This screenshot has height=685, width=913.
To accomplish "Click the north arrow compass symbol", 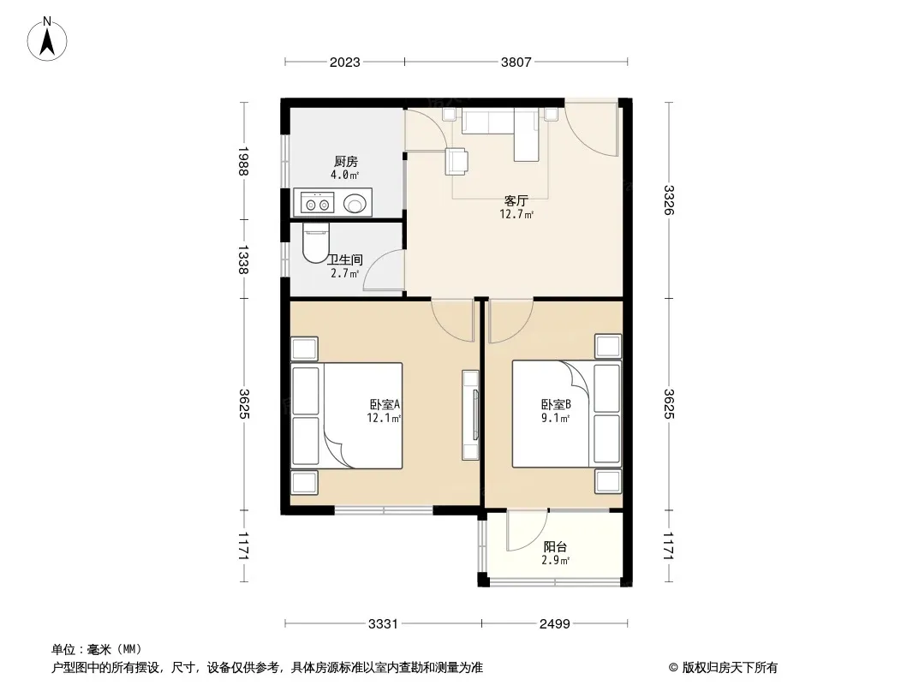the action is tap(47, 39).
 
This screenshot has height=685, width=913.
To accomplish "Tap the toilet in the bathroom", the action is tap(316, 242).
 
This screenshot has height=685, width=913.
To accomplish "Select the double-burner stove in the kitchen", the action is tap(318, 204).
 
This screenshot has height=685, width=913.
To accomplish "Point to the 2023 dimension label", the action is tap(344, 63).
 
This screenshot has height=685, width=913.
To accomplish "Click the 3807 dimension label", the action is tap(516, 63).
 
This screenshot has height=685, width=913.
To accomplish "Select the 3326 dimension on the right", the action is tap(668, 200).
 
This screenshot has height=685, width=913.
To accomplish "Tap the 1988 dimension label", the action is tap(243, 161).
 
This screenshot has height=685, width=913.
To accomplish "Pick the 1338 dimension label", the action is tap(243, 259).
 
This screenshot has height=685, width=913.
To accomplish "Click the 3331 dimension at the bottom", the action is tap(383, 624).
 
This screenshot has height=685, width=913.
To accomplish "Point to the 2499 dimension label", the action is tap(554, 624).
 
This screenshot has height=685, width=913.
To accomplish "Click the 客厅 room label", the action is tap(516, 200).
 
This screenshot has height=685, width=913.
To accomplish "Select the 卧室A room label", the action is tap(385, 404).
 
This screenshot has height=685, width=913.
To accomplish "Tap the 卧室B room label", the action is tap(556, 404).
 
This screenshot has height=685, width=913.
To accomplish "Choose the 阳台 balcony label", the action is tap(555, 547).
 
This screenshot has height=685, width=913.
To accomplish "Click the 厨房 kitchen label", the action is tap(346, 161).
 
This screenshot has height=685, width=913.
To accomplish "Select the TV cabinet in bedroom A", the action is tap(470, 415).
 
